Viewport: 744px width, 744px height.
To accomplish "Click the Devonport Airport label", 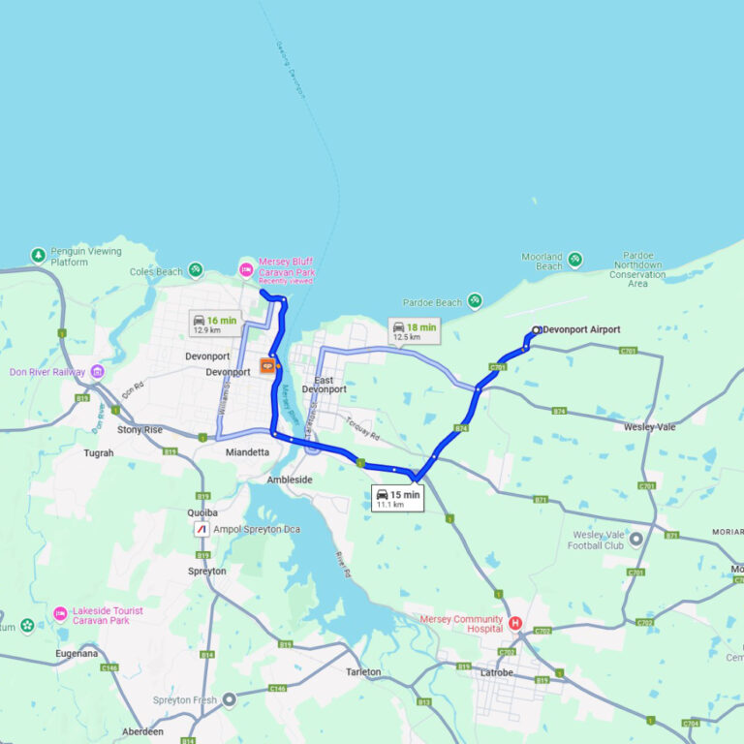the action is click(581, 329).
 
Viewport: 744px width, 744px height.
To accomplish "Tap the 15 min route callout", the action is click(398, 498).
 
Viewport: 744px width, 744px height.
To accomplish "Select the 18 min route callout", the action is click(414, 331).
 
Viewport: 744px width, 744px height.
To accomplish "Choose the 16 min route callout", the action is click(214, 324).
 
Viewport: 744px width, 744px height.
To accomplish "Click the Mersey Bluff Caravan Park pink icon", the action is click(247, 268).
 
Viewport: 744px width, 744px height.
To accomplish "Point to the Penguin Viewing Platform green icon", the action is click(38, 256).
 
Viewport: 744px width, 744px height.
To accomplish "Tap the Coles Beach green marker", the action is click(196, 269).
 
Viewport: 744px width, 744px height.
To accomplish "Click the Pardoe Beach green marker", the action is click(475, 301).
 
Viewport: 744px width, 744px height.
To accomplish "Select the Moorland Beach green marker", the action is click(575, 260).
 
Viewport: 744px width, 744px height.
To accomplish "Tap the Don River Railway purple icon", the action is click(97, 371).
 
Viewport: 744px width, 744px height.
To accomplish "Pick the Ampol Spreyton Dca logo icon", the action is click(201, 529).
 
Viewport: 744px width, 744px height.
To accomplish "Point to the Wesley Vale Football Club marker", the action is click(635, 539).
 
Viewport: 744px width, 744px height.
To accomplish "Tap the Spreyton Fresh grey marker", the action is click(229, 698).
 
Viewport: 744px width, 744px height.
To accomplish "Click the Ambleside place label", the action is click(290, 480).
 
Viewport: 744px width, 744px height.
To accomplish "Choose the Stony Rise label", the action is click(140, 429).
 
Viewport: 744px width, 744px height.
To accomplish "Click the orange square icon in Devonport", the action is click(266, 366).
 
